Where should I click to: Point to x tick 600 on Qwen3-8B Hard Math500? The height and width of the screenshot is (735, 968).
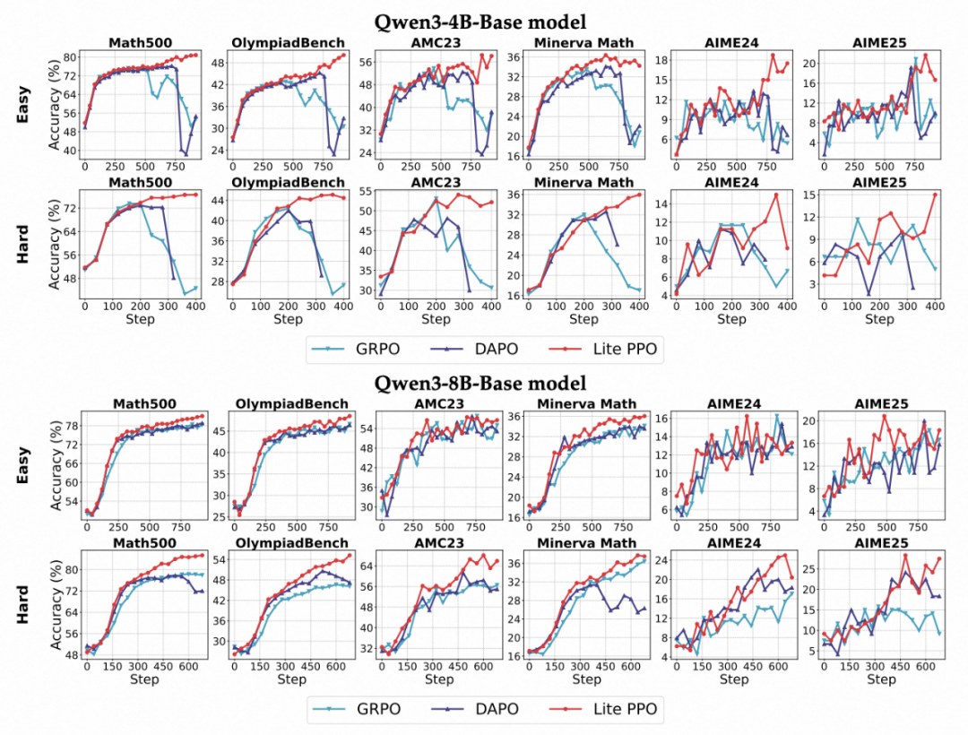click(189, 667)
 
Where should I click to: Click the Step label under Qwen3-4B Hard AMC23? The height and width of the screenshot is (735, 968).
click(435, 319)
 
